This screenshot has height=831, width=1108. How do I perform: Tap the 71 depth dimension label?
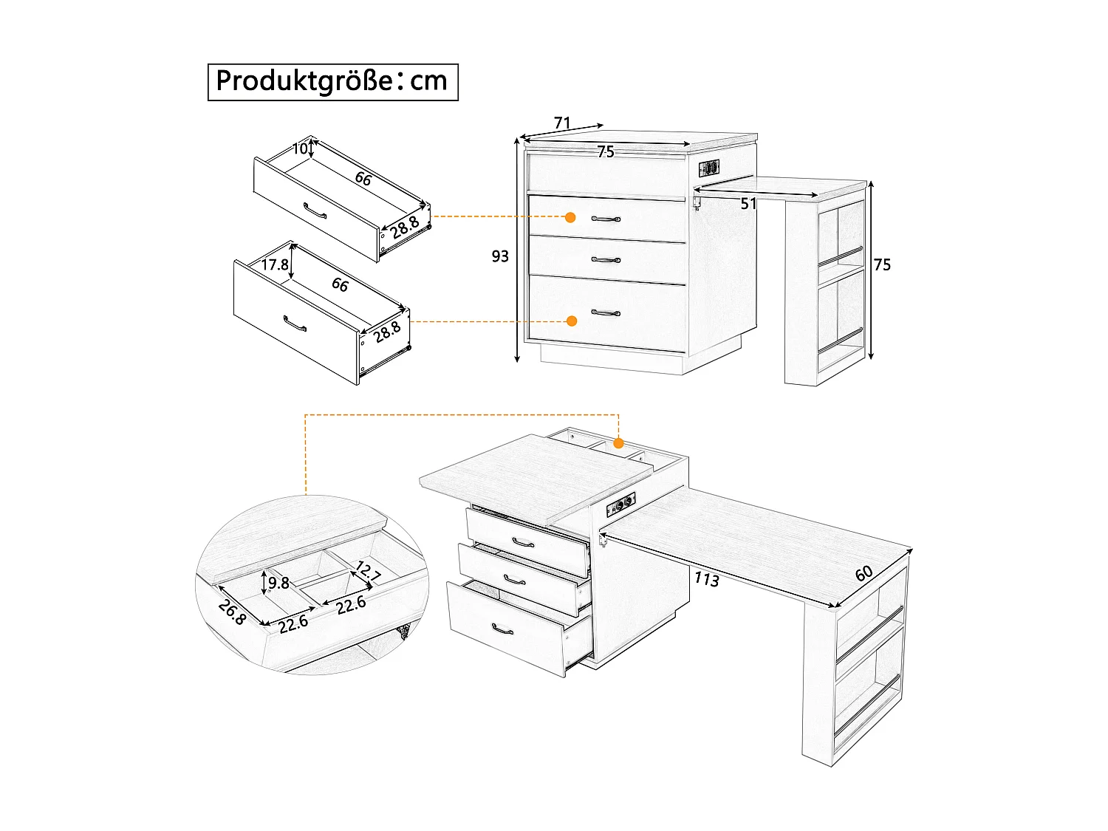[x=562, y=123]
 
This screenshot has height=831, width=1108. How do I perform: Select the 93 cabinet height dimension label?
[x=500, y=256]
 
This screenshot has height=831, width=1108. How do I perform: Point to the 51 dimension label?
[x=748, y=205]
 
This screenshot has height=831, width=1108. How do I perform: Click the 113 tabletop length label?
[x=706, y=580]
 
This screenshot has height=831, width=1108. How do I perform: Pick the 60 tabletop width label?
[x=864, y=572]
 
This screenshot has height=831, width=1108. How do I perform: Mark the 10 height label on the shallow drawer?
[x=299, y=148]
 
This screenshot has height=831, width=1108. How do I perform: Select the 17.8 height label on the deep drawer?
[x=274, y=264]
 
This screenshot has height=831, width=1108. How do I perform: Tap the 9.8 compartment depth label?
[x=278, y=584]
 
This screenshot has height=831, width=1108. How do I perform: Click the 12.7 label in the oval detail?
[x=367, y=571]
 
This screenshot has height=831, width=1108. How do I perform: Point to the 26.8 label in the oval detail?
[x=231, y=612]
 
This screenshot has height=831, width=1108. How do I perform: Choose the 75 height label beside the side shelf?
[x=882, y=265]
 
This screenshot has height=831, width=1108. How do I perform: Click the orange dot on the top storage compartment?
[x=618, y=443]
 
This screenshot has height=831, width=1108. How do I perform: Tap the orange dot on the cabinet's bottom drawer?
[x=571, y=321]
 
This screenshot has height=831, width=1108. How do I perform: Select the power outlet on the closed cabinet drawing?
[x=709, y=168]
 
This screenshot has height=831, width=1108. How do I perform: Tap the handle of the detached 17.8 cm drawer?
[x=295, y=324]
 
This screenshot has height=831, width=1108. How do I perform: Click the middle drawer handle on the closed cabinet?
[x=606, y=259]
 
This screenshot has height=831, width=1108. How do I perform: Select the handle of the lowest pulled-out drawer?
[x=502, y=629]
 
